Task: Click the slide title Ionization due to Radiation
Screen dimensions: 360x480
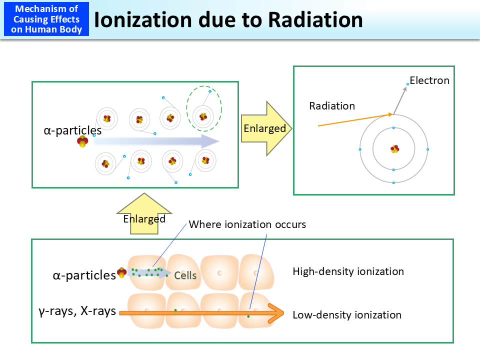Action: point(228,19)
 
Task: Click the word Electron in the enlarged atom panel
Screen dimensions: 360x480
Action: point(429,80)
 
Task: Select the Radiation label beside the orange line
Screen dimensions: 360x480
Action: point(331,106)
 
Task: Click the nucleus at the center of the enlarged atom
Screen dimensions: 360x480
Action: point(394,149)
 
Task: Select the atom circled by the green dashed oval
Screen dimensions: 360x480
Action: point(203,116)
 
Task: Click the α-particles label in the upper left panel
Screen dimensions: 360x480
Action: point(72,131)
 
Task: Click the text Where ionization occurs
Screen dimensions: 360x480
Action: point(247,224)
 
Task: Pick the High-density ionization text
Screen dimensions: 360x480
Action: point(348,271)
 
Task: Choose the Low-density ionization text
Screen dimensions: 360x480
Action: point(347,315)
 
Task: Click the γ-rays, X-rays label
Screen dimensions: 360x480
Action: point(77,311)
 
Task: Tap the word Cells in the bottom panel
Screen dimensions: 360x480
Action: point(185,275)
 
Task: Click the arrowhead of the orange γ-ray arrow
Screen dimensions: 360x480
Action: point(276,313)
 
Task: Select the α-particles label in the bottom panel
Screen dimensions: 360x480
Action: point(84,275)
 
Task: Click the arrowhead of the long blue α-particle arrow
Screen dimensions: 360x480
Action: point(211,141)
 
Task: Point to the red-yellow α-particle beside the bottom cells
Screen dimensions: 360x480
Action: point(121,272)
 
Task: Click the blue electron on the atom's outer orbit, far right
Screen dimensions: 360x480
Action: point(427,149)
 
